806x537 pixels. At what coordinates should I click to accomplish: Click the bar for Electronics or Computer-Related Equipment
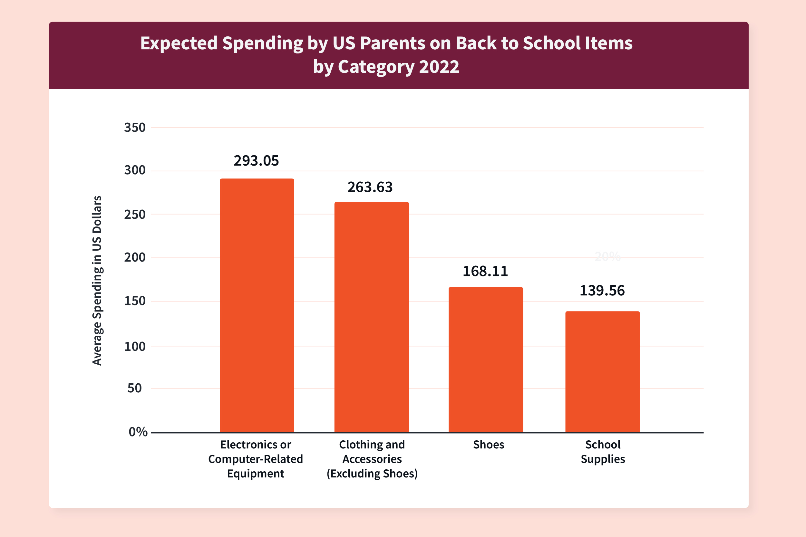[x=257, y=305]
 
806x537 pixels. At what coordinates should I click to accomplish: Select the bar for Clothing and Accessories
[x=371, y=317]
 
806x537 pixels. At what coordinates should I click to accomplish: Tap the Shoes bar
[x=486, y=359]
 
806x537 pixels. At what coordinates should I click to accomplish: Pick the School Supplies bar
[x=602, y=372]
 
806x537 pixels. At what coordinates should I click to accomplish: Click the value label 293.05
[x=256, y=161]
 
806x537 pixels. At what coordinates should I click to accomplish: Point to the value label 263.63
[x=370, y=187]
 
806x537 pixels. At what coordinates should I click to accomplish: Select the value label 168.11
[x=485, y=271]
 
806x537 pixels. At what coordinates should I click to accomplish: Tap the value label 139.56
[x=602, y=291]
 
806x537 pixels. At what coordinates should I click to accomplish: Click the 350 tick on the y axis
[x=135, y=127]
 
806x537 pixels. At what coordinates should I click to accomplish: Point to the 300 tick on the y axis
[x=135, y=170]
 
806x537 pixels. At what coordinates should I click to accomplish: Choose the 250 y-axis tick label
[x=135, y=215]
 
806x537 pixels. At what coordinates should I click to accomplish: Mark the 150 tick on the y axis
[x=135, y=301]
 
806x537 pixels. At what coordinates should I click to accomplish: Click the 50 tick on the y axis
[x=135, y=388]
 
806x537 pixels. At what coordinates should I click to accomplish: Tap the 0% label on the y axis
[x=138, y=432]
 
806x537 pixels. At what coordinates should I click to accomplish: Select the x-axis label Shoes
[x=489, y=445]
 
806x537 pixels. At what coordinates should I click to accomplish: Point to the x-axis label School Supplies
[x=603, y=452]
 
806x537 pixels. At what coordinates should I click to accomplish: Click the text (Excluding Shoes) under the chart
[x=372, y=473]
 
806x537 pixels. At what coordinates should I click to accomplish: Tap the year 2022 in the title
[x=439, y=66]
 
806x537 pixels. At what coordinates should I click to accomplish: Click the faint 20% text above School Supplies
[x=607, y=256]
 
